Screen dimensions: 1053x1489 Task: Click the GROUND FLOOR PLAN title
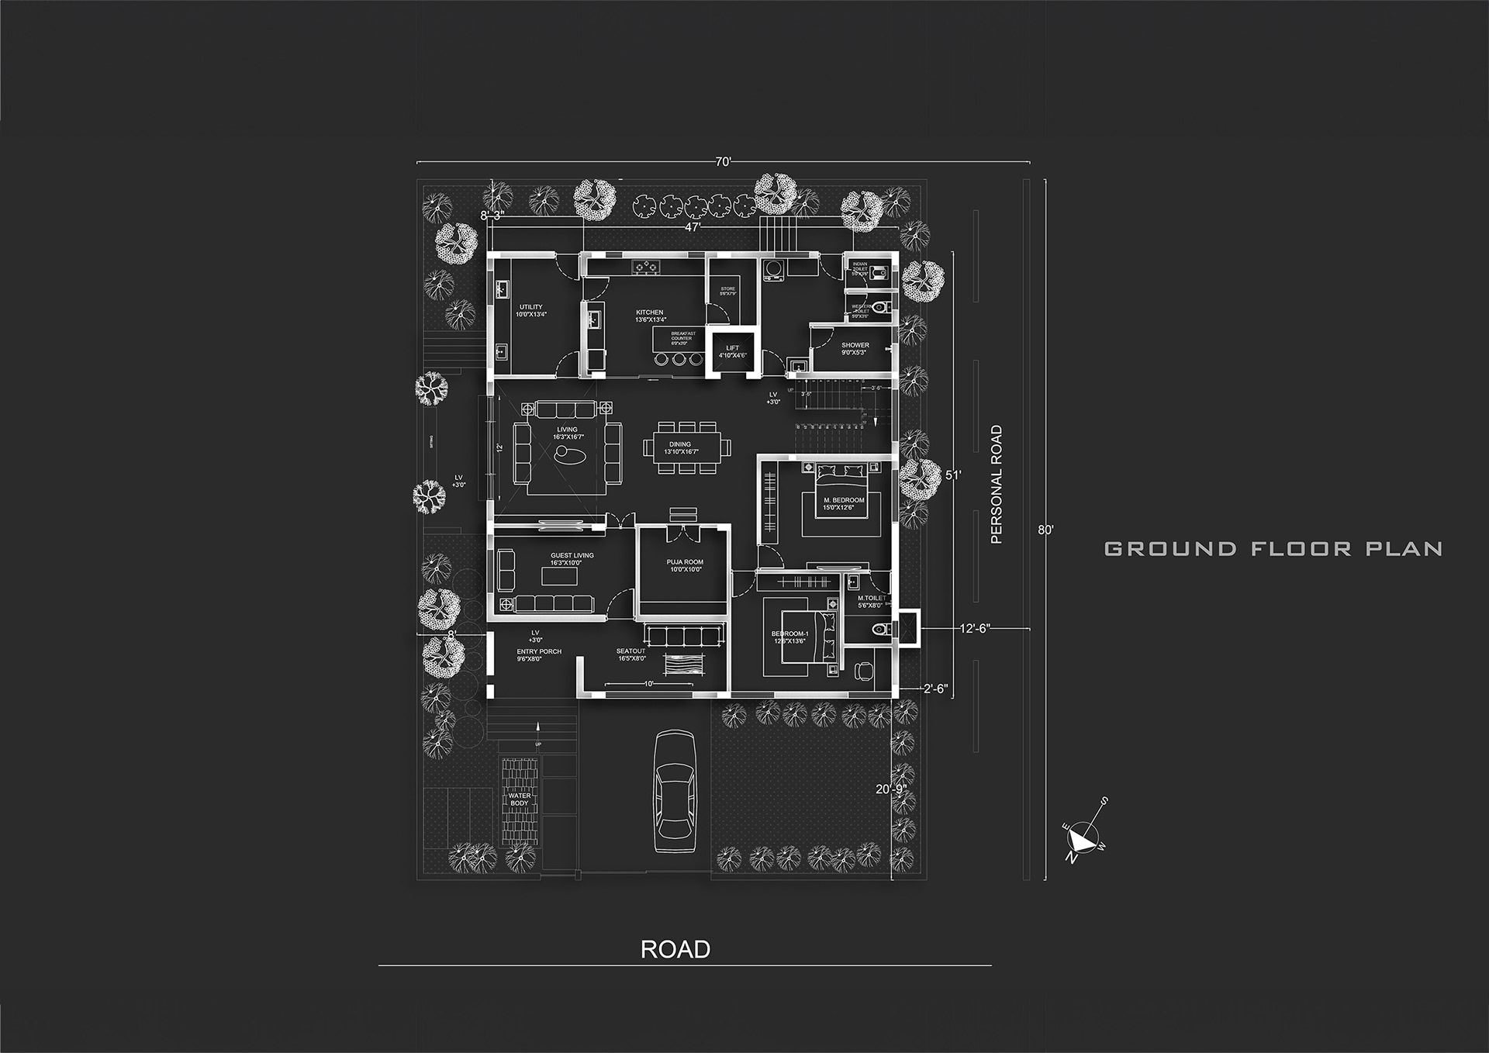pos(1273,549)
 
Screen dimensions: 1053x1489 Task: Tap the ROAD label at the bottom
pos(675,950)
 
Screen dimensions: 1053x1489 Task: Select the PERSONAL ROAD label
pos(997,485)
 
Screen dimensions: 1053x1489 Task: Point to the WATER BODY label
pos(520,799)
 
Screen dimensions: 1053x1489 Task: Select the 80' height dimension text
pos(1045,530)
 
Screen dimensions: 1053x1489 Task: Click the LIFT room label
pos(732,348)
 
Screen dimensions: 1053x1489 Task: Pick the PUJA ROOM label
pos(685,562)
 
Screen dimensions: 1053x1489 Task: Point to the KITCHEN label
pos(649,312)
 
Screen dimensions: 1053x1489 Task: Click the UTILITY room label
pos(531,308)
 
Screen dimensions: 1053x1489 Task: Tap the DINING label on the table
pos(680,445)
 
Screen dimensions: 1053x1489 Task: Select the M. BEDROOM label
pos(843,500)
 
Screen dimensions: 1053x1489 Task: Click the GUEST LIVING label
pos(572,555)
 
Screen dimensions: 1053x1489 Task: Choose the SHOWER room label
pos(855,345)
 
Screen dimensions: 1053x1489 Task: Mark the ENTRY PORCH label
pos(539,651)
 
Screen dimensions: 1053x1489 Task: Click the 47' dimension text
pos(693,227)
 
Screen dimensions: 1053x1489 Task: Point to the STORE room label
pos(727,288)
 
